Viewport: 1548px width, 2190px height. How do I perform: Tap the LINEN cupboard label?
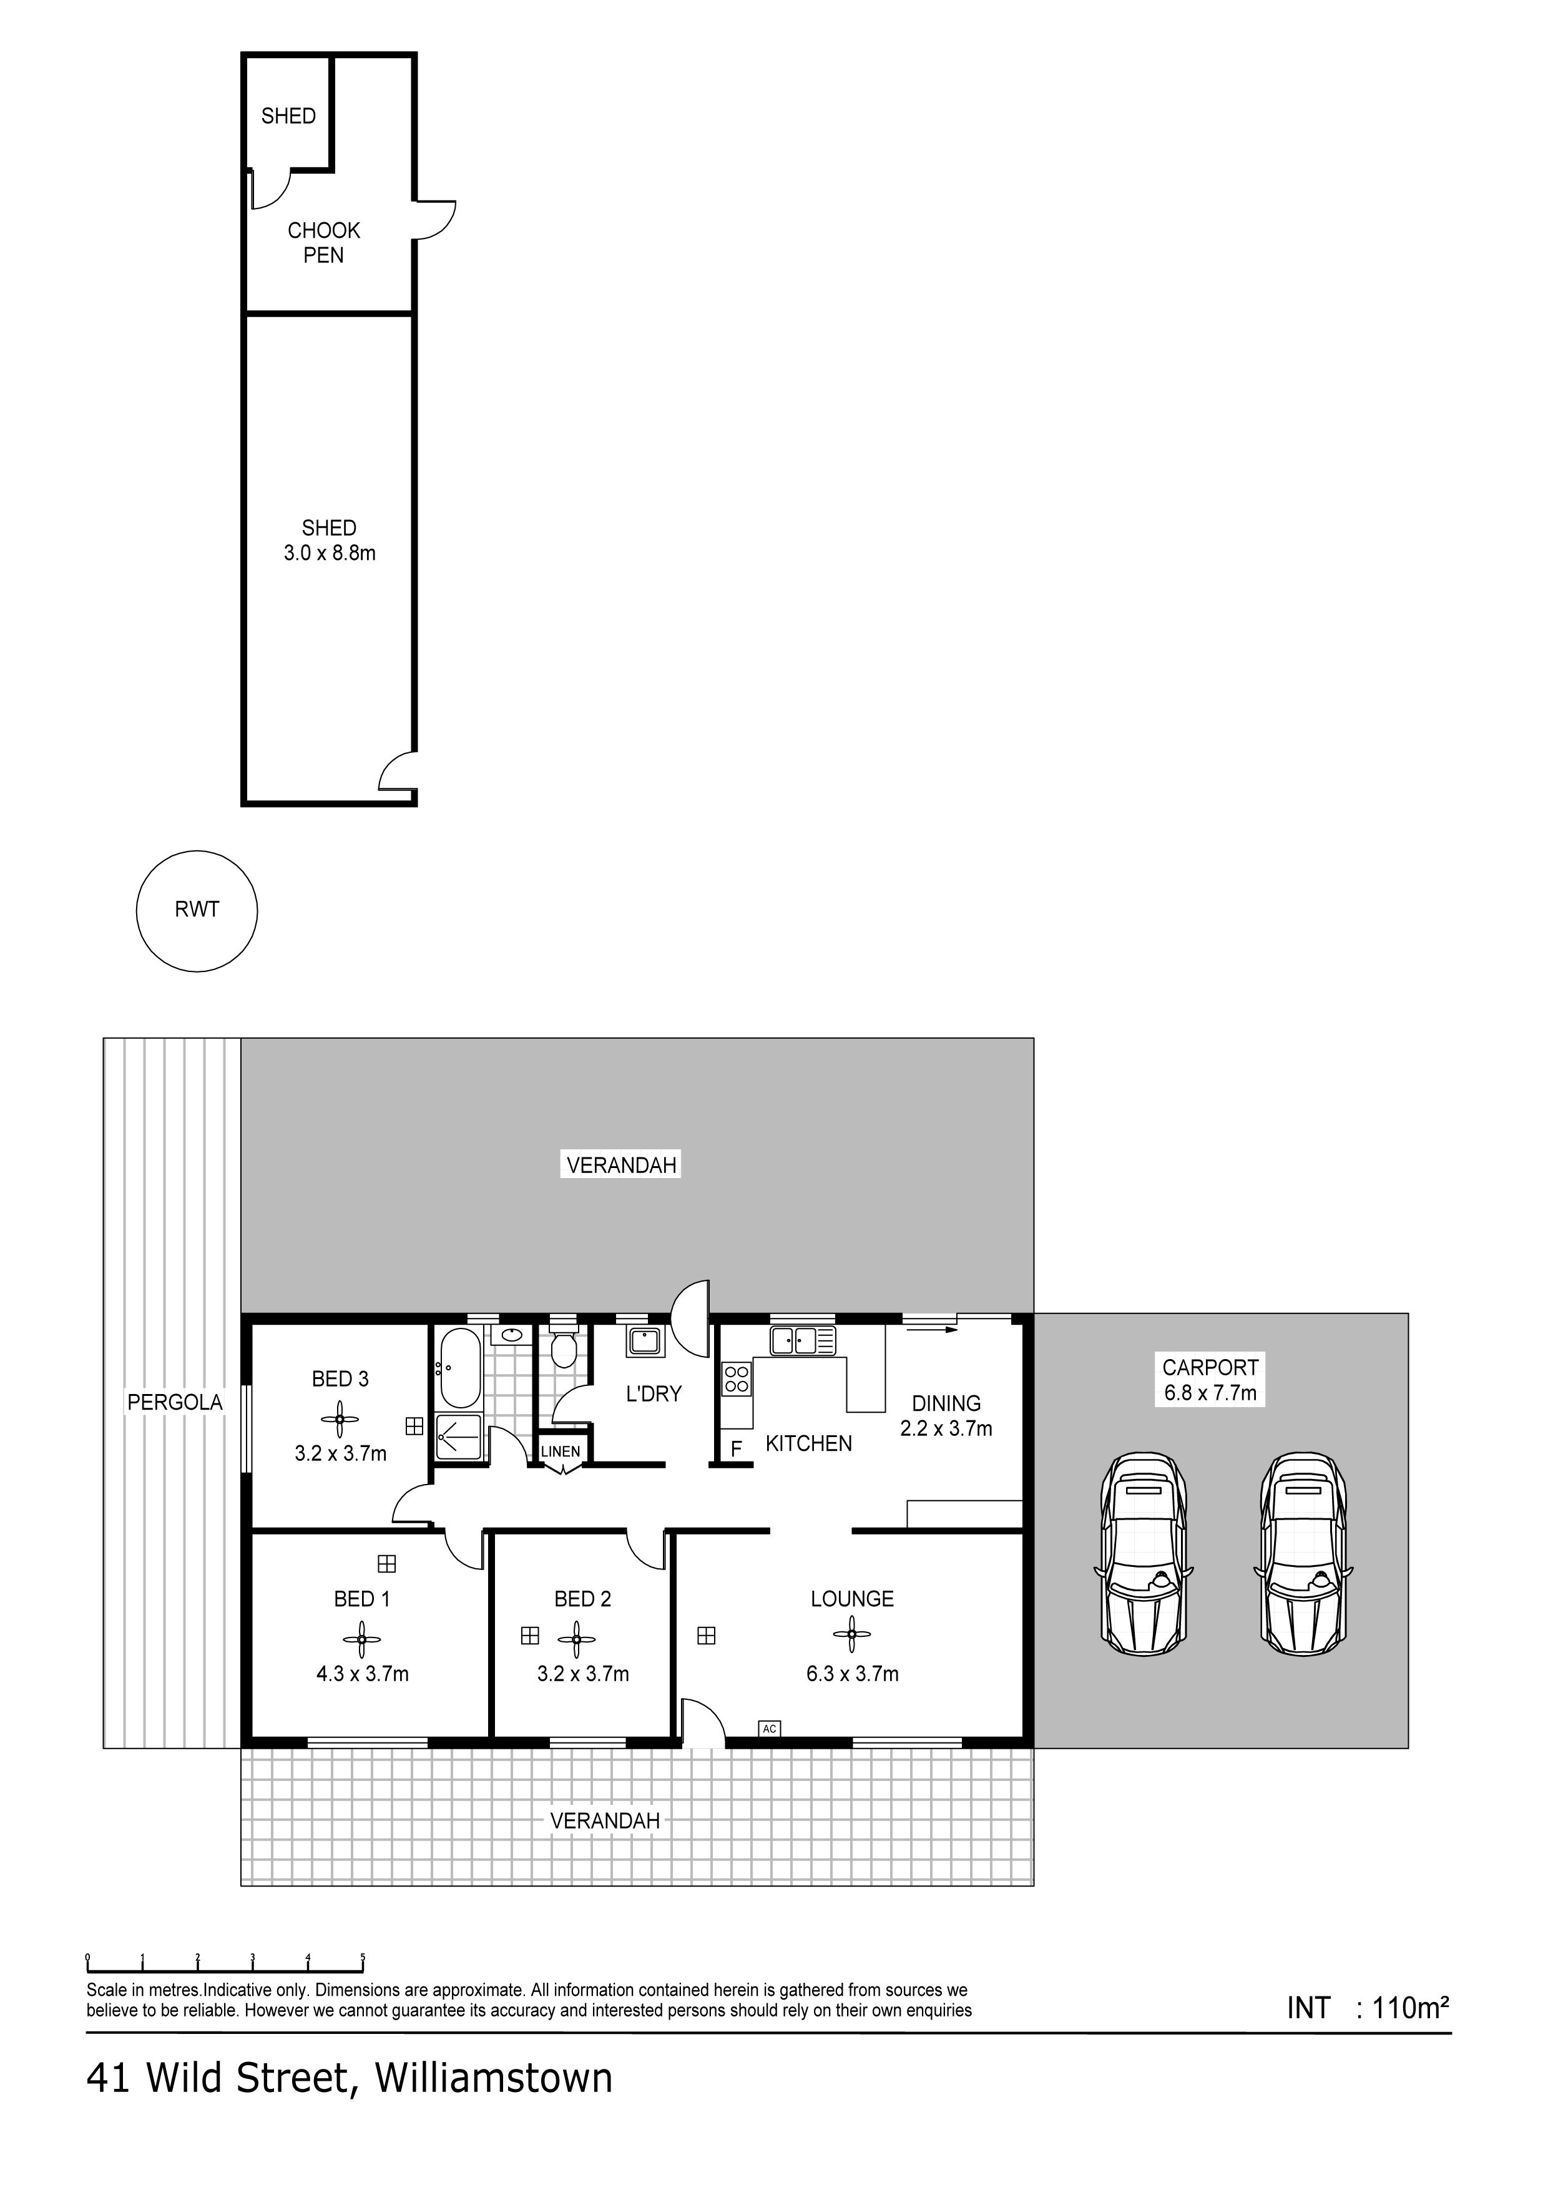coord(560,1451)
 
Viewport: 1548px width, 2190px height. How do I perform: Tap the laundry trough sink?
coord(645,1340)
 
